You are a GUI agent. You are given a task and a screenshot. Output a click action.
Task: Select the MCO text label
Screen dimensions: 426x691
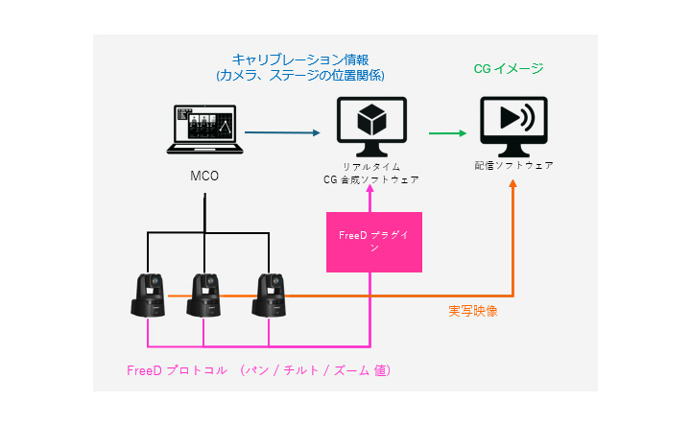pyautogui.click(x=204, y=177)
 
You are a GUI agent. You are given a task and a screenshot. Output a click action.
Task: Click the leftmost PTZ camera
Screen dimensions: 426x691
pyautogui.click(x=149, y=296)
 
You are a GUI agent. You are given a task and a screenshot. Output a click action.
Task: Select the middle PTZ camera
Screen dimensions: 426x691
pyautogui.click(x=204, y=296)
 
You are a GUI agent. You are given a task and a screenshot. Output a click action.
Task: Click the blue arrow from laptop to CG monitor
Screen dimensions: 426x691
pyautogui.click(x=282, y=133)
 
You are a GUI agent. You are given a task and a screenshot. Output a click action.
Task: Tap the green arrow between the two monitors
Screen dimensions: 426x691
pyautogui.click(x=443, y=133)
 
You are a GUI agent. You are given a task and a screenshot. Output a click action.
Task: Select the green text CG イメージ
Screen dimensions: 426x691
pyautogui.click(x=509, y=69)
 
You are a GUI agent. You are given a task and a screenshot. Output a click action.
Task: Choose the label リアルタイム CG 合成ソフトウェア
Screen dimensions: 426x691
pyautogui.click(x=370, y=172)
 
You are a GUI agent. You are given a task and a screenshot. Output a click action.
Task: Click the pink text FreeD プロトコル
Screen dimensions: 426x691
pyautogui.click(x=178, y=369)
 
